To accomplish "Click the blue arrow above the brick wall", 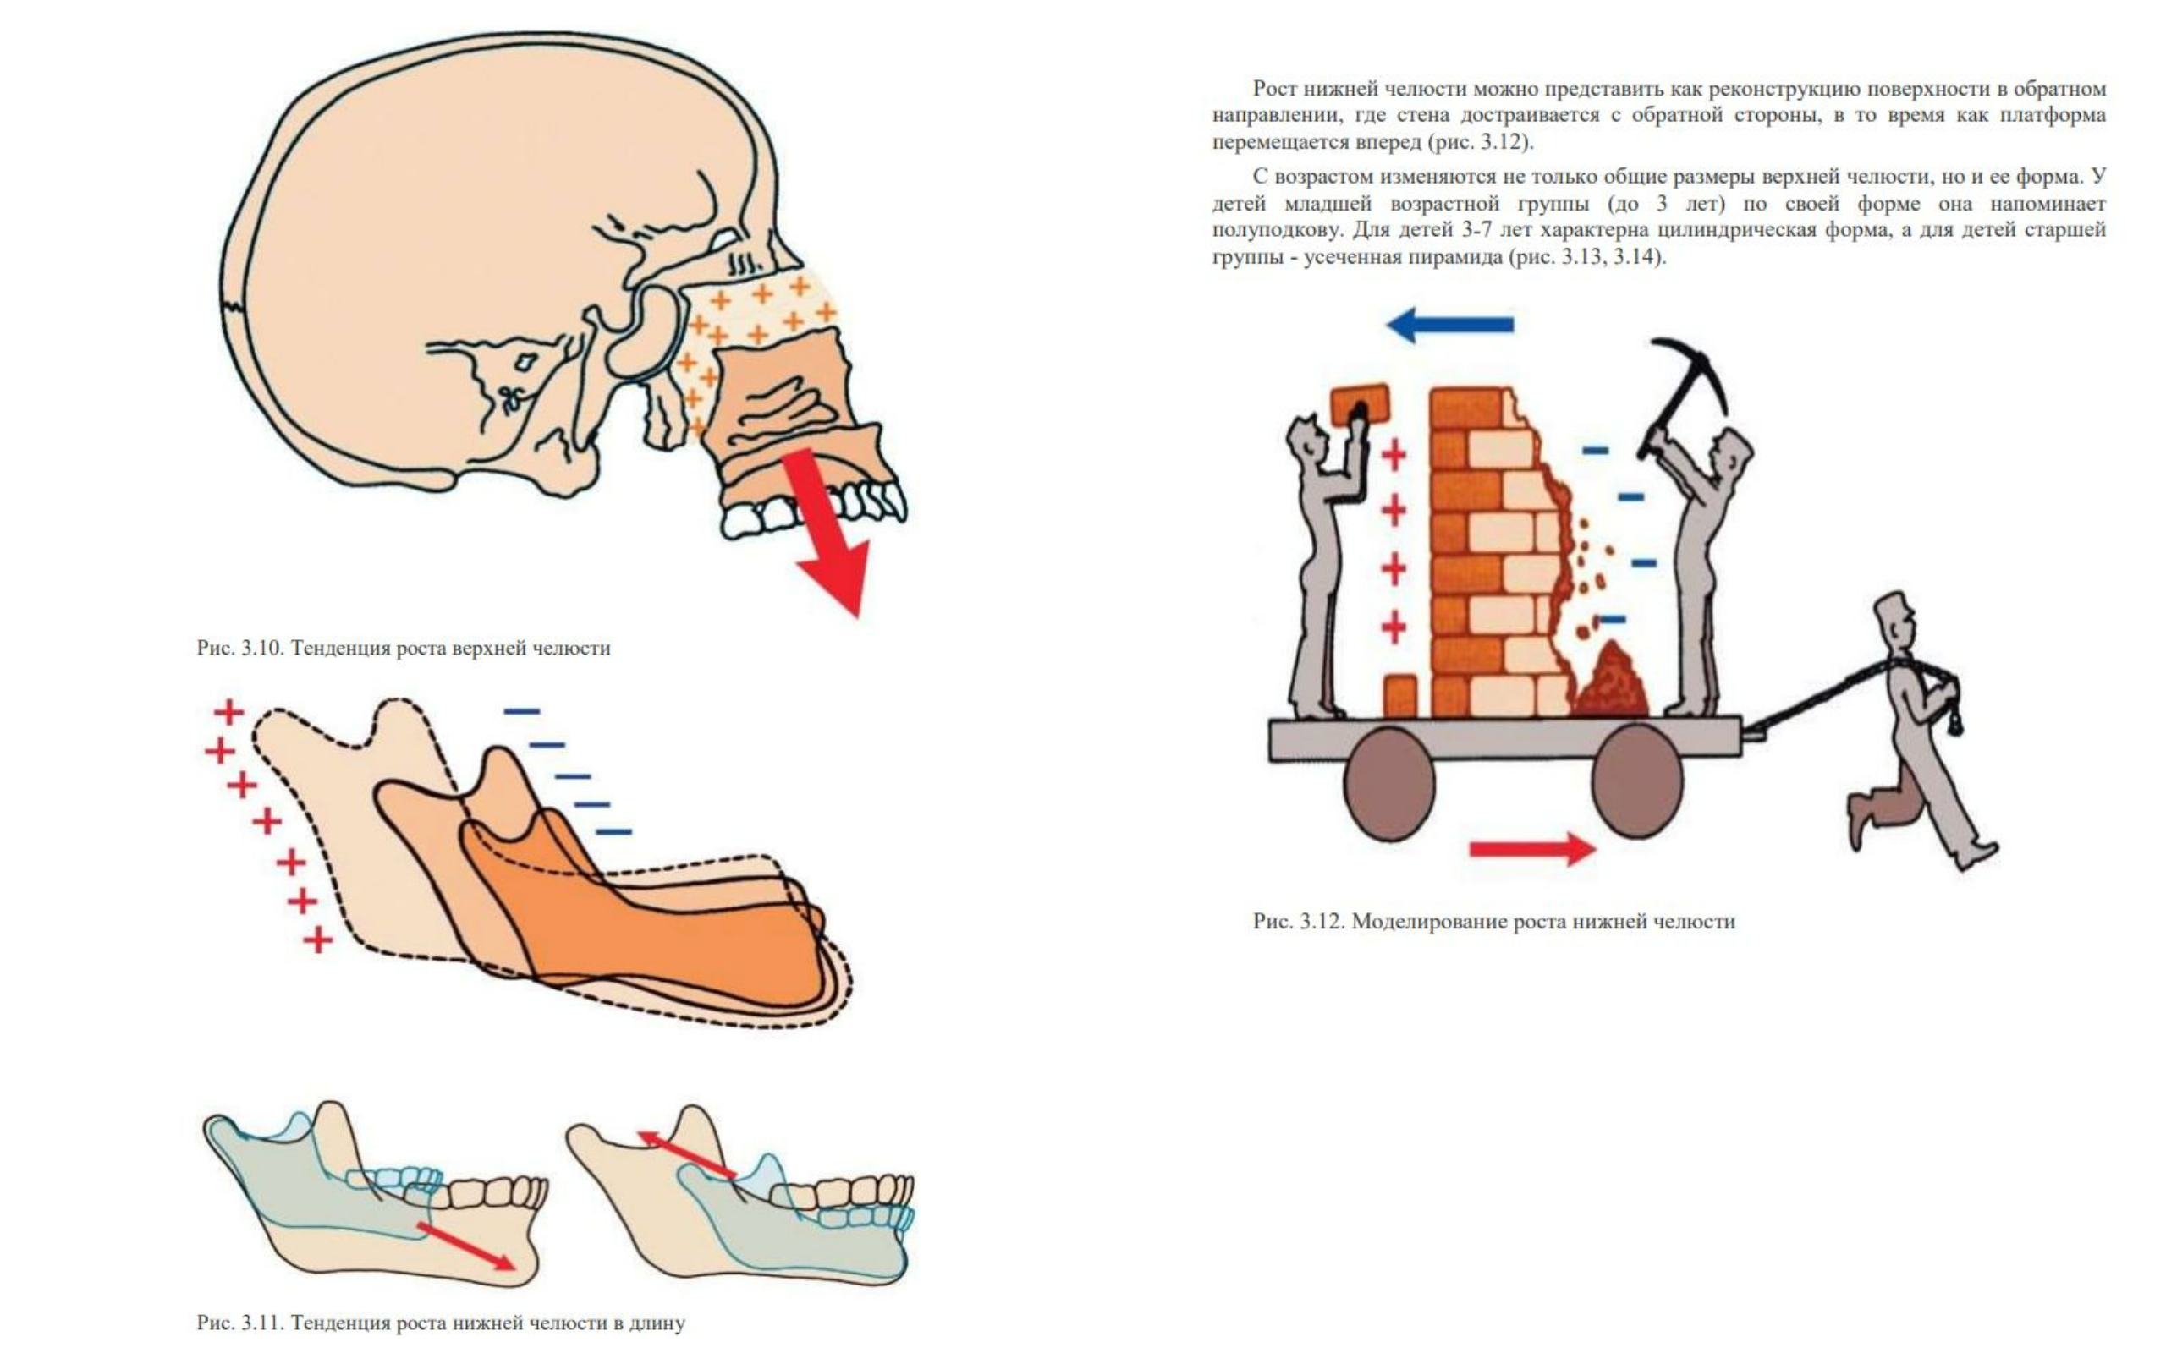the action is pos(1449,325).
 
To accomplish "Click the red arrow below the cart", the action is pos(1532,847).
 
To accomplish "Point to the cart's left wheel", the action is pos(1389,784).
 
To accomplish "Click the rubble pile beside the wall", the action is pos(1610,682).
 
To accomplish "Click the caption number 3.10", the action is pos(261,648).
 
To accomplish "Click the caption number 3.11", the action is pos(261,1323).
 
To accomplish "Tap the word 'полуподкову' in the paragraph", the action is pos(1276,230).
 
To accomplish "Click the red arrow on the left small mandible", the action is pos(466,1246).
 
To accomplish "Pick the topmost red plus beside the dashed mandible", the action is pos(229,712).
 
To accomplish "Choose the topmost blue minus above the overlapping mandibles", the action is pos(522,711).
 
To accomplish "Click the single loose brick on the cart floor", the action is pos(1399,696).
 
